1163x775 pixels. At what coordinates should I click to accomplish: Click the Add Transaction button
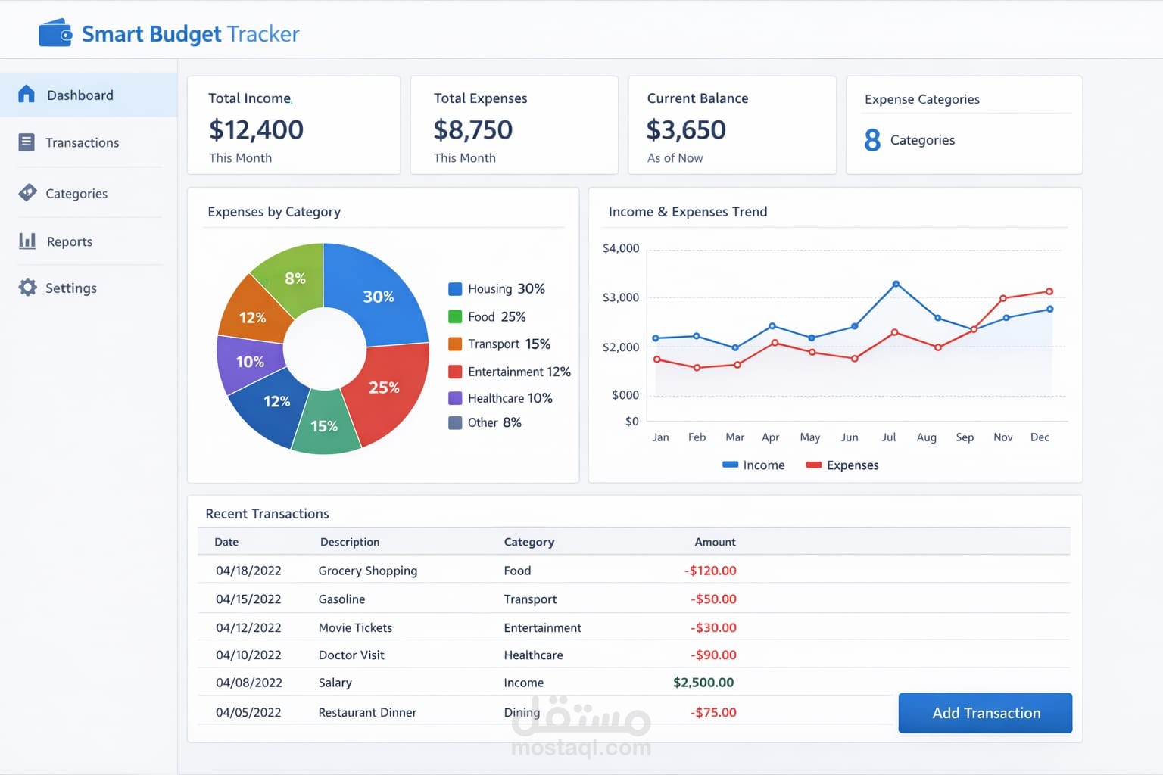[x=985, y=713]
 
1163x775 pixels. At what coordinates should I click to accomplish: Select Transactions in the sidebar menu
[x=82, y=142]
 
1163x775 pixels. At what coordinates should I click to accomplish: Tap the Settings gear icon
[x=28, y=288]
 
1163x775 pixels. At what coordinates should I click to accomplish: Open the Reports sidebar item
[x=69, y=241]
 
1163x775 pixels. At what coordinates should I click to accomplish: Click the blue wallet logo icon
[x=55, y=33]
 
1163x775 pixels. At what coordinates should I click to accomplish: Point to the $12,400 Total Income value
[x=256, y=129]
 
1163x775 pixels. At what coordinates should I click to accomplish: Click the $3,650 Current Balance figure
[x=686, y=129]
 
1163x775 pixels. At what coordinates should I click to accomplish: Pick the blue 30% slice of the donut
[x=378, y=296]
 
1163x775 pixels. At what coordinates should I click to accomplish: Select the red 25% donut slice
[x=384, y=387]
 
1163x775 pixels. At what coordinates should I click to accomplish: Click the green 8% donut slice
[x=295, y=278]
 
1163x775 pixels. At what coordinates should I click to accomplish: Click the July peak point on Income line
[x=896, y=284]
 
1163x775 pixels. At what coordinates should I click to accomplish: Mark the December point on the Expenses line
[x=1049, y=291]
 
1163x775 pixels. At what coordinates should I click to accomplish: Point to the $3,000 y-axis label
[x=621, y=297]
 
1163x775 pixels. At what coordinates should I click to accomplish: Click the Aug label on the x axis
[x=926, y=437]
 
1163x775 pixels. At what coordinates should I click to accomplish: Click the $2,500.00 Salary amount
[x=703, y=683]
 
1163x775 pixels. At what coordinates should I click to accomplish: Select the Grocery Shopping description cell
[x=367, y=571]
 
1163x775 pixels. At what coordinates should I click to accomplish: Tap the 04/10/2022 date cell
[x=248, y=655]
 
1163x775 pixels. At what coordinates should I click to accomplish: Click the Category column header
[x=529, y=542]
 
